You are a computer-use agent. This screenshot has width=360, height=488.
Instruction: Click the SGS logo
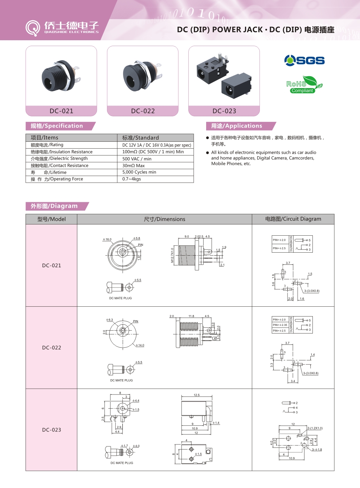pyautogui.click(x=304, y=60)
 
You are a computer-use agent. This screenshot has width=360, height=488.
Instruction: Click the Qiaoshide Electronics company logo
pyautogui.click(x=62, y=28)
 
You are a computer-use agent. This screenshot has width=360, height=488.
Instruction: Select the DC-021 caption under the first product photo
pyautogui.click(x=61, y=111)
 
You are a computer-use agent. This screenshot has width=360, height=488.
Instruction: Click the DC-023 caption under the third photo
pyautogui.click(x=224, y=111)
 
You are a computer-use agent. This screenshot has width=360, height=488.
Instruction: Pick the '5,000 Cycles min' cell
pyautogui.click(x=139, y=172)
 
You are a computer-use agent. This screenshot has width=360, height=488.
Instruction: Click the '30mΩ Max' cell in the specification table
pyautogui.click(x=134, y=166)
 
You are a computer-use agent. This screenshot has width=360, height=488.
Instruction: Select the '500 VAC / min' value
pyautogui.click(x=137, y=159)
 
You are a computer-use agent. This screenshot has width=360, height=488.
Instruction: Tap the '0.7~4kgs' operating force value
pyautogui.click(x=132, y=179)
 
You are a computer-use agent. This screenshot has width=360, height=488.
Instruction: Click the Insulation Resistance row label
pyautogui.click(x=62, y=152)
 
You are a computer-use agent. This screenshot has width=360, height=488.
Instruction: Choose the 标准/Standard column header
pyautogui.click(x=140, y=138)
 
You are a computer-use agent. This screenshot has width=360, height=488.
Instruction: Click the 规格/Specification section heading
pyautogui.click(x=57, y=126)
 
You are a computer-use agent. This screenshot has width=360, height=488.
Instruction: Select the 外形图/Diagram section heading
pyautogui.click(x=54, y=206)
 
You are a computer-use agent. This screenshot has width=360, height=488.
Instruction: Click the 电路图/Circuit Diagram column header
pyautogui.click(x=293, y=219)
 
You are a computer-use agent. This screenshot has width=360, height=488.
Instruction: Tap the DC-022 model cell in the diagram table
pyautogui.click(x=52, y=348)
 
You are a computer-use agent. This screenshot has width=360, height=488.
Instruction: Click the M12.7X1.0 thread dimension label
pyautogui.click(x=172, y=255)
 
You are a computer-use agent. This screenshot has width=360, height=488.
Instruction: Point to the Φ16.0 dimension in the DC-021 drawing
pyautogui.click(x=107, y=239)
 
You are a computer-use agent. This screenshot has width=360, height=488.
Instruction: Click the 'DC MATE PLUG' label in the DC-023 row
pyautogui.click(x=122, y=463)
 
